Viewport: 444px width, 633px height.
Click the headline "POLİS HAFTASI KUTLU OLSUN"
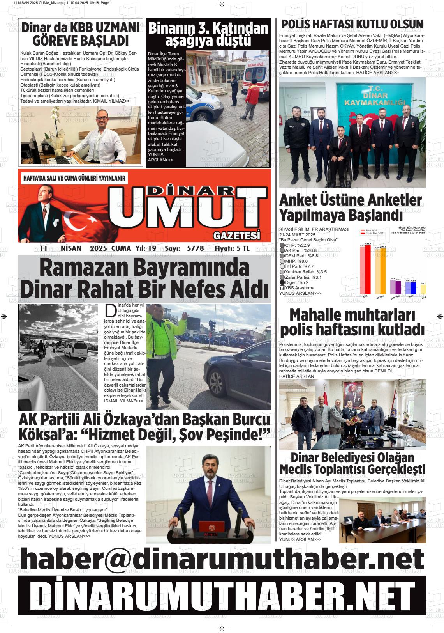[x=352, y=25]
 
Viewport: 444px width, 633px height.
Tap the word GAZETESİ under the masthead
[x=236, y=236]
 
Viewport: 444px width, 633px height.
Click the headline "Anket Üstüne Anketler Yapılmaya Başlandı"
[x=351, y=207]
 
